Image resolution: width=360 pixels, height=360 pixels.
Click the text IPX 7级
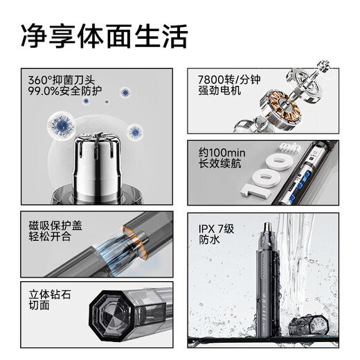217,226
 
